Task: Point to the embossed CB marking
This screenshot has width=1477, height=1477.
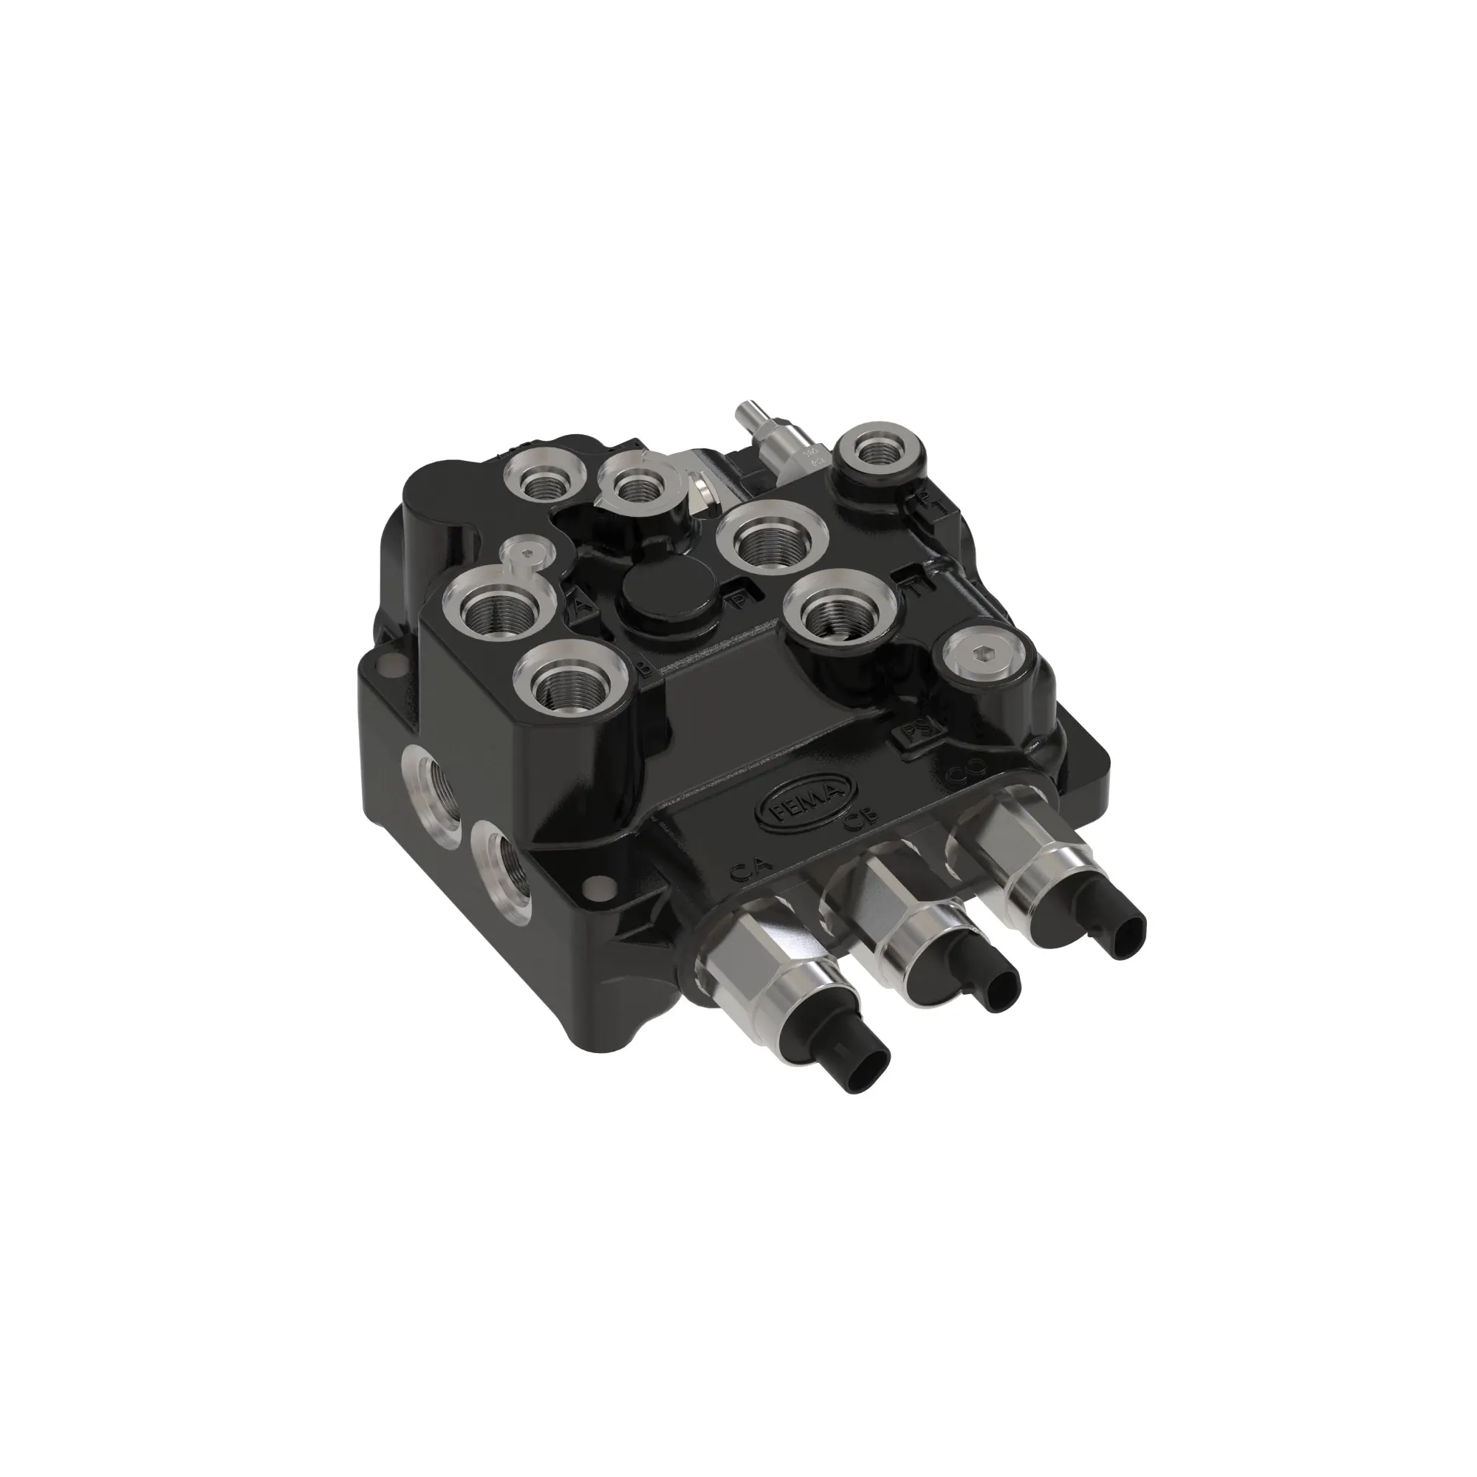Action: (x=860, y=824)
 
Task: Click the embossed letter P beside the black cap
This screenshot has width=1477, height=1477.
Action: (x=738, y=600)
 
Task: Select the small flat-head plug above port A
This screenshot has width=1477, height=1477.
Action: (x=525, y=558)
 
